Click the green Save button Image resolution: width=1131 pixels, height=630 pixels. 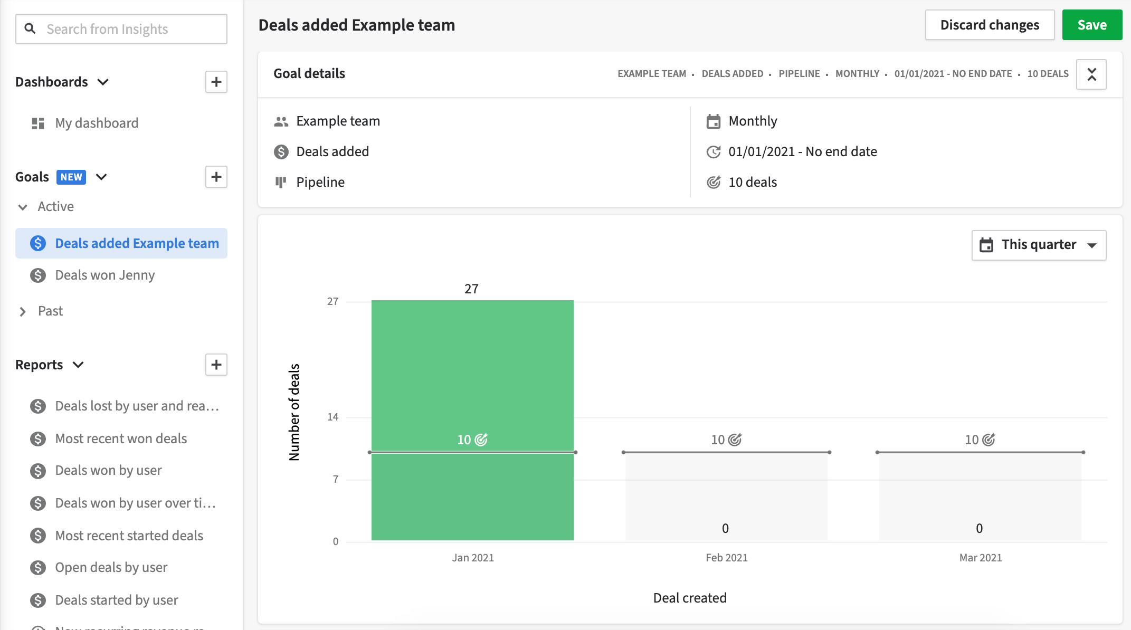pos(1091,25)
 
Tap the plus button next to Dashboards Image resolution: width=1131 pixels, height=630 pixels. pos(216,82)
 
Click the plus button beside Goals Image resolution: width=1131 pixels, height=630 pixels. pos(216,177)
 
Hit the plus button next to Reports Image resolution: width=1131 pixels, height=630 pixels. pos(216,365)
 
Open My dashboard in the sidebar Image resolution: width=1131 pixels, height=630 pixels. pos(97,123)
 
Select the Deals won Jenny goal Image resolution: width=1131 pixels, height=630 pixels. pos(104,275)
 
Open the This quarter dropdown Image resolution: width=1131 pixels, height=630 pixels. pos(1038,245)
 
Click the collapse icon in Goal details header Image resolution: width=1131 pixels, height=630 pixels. pos(1091,74)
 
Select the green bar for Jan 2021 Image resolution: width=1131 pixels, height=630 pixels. pos(472,369)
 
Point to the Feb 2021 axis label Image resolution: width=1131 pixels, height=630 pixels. pos(726,558)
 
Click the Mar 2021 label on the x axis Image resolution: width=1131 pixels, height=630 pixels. pos(980,558)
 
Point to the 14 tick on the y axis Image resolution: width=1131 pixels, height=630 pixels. pos(332,417)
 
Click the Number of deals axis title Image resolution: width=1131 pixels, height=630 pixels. pos(294,412)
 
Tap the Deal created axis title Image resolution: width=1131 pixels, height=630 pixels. pos(689,598)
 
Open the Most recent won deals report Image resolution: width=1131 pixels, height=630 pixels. pos(121,438)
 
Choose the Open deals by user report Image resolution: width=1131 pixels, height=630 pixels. pos(111,567)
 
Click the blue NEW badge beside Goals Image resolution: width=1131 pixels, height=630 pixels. pos(71,177)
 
